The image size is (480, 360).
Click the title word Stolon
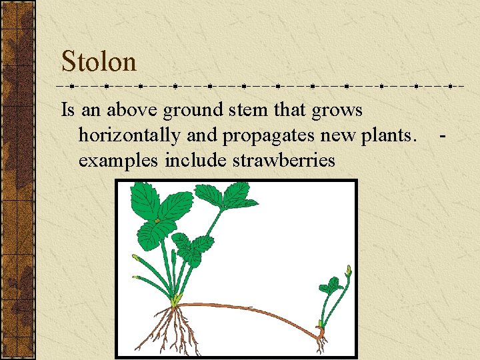tap(99, 62)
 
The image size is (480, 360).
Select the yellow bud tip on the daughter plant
tap(347, 270)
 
